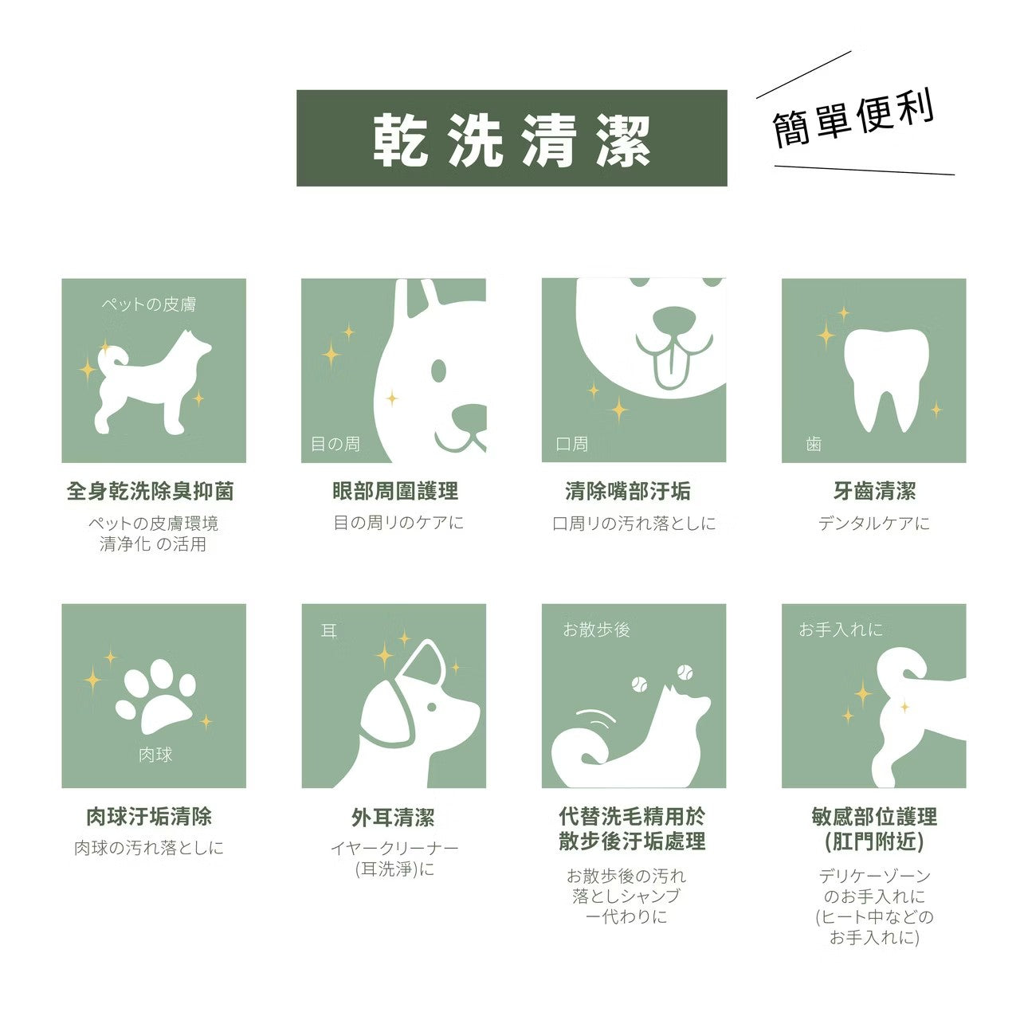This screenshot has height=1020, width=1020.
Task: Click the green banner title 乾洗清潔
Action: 512,139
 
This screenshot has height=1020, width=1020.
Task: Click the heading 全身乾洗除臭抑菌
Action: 150,491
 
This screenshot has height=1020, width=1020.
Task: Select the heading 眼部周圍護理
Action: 395,491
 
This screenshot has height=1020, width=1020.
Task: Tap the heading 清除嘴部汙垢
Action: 628,491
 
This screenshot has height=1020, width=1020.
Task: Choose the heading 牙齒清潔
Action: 874,491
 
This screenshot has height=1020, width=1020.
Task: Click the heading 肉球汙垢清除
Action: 150,817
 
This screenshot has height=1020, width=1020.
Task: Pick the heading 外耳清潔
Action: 393,818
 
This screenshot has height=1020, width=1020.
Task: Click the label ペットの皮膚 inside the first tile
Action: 148,304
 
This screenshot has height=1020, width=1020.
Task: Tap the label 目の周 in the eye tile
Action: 335,444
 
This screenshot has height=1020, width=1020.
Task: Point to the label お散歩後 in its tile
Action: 596,630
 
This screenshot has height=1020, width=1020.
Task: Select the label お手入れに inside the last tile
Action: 841,630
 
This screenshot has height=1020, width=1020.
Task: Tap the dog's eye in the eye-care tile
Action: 438,370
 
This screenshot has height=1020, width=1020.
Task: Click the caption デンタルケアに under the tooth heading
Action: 873,524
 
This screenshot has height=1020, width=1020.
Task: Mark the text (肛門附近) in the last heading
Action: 874,841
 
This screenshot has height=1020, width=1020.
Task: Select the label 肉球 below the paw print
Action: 155,755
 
